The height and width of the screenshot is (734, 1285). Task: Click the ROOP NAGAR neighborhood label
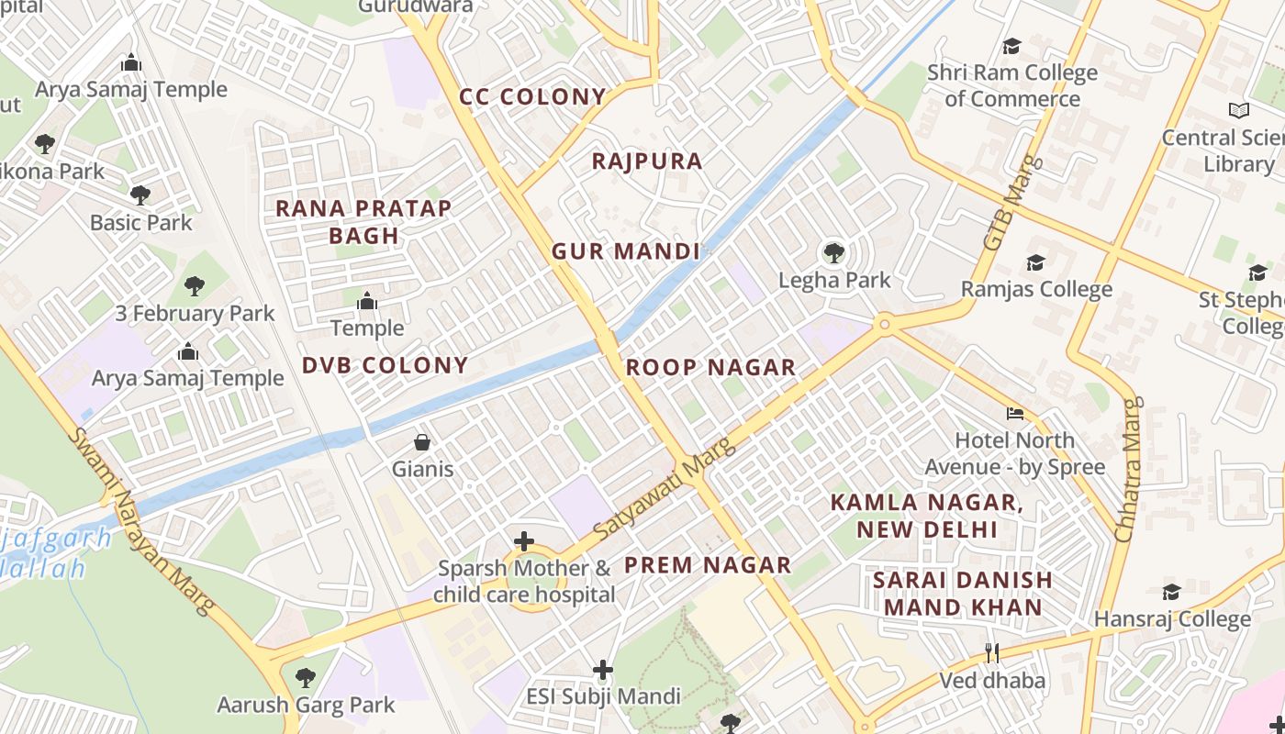(x=710, y=368)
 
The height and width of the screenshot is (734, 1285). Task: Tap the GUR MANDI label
(x=626, y=251)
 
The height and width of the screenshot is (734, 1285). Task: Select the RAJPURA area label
(x=647, y=161)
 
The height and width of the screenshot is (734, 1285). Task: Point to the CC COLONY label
(x=532, y=97)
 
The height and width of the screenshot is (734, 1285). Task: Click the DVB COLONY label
(x=385, y=365)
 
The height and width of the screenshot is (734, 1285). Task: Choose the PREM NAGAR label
(x=708, y=565)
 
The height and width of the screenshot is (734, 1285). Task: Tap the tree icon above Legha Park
(x=833, y=252)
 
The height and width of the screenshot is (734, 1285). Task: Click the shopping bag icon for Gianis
(x=422, y=442)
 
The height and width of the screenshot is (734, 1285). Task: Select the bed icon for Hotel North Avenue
(x=1014, y=414)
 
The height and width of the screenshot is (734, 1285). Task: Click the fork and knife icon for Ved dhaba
(x=991, y=653)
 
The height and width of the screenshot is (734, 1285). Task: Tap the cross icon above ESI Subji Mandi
(x=603, y=671)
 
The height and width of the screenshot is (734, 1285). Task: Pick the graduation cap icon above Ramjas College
(x=1035, y=263)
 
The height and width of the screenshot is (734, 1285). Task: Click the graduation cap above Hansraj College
(x=1171, y=593)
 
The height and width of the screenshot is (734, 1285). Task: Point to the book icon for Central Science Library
(x=1239, y=111)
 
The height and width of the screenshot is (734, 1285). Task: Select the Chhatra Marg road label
(x=1127, y=468)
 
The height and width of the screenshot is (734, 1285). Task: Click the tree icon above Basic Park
(x=140, y=195)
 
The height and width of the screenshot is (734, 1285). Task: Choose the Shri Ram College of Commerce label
(x=1011, y=85)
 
